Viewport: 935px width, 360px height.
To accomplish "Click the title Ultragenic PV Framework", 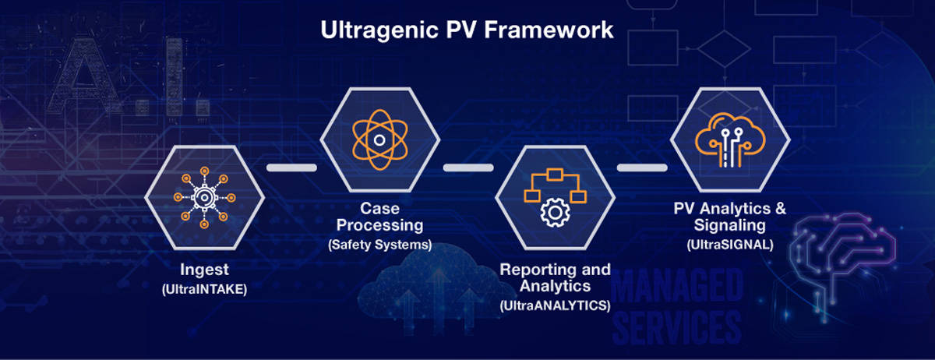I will point(467,31).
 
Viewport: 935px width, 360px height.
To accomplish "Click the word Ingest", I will point(204,270).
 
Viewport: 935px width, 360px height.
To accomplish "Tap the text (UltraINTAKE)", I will point(204,288).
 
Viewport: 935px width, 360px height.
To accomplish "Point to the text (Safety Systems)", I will point(379,245).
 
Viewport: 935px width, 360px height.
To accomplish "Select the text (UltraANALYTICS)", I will point(555,305).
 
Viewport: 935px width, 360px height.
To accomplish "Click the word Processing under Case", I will point(379,226).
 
